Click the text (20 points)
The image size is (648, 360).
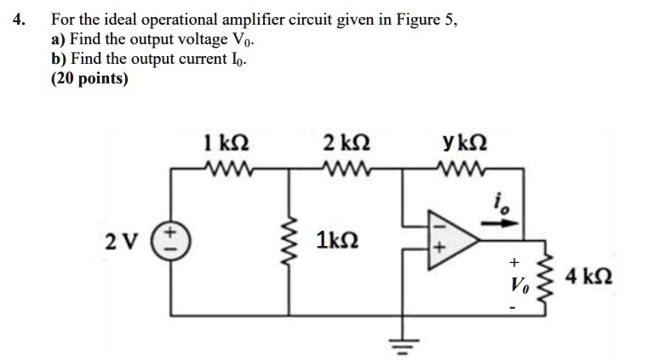tap(89, 79)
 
